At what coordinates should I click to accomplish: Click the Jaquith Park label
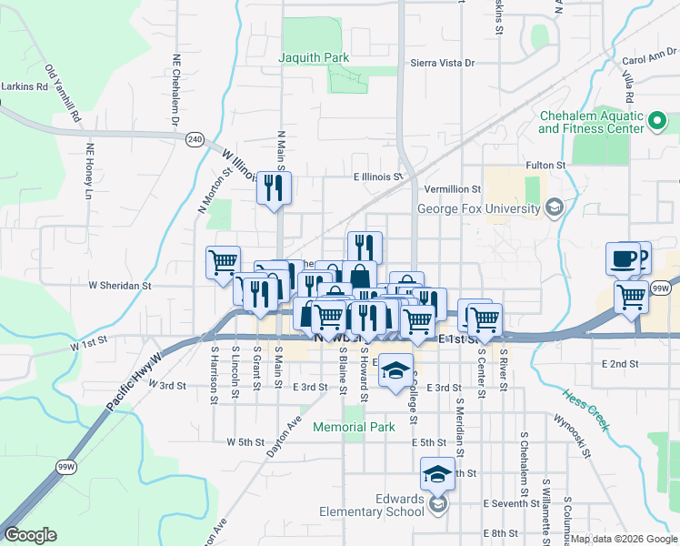coord(315,57)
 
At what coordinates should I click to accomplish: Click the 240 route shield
coord(194,138)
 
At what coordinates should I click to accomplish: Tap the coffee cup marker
coord(624,258)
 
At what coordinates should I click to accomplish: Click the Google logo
coord(30,535)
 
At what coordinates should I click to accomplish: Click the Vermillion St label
coord(452,188)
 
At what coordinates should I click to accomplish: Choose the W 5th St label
coord(245,441)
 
